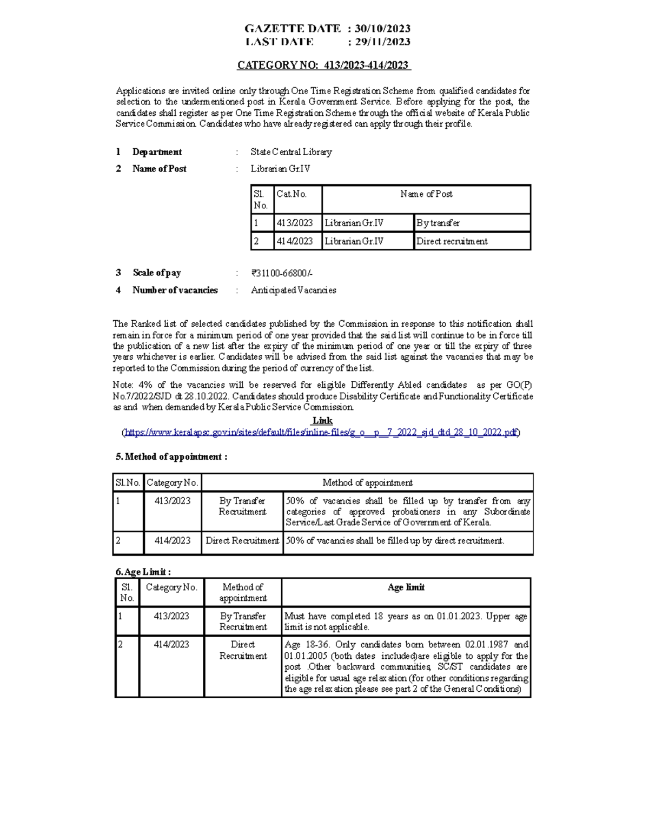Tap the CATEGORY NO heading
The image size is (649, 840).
pyautogui.click(x=323, y=65)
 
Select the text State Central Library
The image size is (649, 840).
pyautogui.click(x=291, y=152)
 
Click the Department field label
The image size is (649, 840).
pyautogui.click(x=157, y=152)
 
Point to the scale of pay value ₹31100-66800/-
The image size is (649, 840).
pyautogui.click(x=282, y=273)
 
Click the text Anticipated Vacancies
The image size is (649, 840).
pyautogui.click(x=293, y=290)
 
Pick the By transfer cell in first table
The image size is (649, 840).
pyautogui.click(x=438, y=223)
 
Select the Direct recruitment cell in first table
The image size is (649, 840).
pyautogui.click(x=452, y=241)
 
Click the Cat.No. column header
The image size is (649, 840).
pyautogui.click(x=292, y=194)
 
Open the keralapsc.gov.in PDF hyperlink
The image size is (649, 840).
pyautogui.click(x=322, y=432)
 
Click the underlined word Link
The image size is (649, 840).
pyautogui.click(x=322, y=421)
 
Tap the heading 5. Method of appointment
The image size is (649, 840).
pyautogui.click(x=171, y=457)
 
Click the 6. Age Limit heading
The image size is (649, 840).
pyautogui.click(x=143, y=572)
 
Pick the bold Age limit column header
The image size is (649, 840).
pyautogui.click(x=406, y=587)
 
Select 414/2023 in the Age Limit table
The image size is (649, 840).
pyautogui.click(x=171, y=645)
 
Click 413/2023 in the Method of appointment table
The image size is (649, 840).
pyautogui.click(x=173, y=501)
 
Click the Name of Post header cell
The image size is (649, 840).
pyautogui.click(x=426, y=194)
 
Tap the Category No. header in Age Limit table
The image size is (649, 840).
pyautogui.click(x=171, y=587)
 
